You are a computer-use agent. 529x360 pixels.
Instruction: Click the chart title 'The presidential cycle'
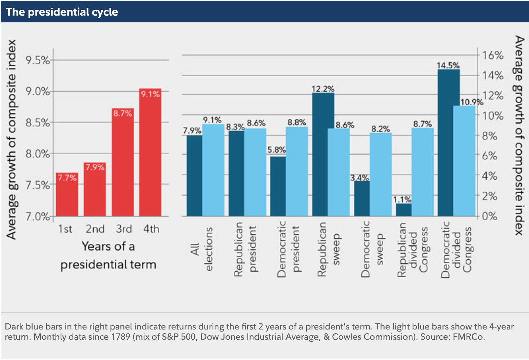[62, 12]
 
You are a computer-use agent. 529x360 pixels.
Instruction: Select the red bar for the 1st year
[67, 194]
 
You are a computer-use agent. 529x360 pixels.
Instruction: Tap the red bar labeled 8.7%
[123, 162]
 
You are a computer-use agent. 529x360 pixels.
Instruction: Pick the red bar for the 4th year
[150, 152]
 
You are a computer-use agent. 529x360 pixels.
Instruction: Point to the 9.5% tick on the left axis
[38, 60]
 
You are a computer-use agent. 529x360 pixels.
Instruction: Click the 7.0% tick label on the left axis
[38, 216]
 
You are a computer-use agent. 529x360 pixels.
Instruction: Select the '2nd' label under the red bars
[95, 229]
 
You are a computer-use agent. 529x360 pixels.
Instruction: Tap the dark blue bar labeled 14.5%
[449, 143]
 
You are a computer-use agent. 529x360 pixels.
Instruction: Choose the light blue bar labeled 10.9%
[464, 161]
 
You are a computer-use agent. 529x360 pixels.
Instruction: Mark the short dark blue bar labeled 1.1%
[404, 210]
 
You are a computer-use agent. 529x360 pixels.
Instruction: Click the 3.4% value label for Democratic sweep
[359, 178]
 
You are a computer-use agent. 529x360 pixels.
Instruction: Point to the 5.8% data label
[277, 150]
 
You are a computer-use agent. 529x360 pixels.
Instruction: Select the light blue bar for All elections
[213, 170]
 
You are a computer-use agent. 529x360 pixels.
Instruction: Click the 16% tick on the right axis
[493, 55]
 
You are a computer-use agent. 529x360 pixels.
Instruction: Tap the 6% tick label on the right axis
[490, 156]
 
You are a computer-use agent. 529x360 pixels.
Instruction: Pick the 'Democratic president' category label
[288, 249]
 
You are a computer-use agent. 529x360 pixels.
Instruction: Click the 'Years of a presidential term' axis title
[109, 255]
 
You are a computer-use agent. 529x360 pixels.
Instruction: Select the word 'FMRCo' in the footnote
[468, 337]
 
